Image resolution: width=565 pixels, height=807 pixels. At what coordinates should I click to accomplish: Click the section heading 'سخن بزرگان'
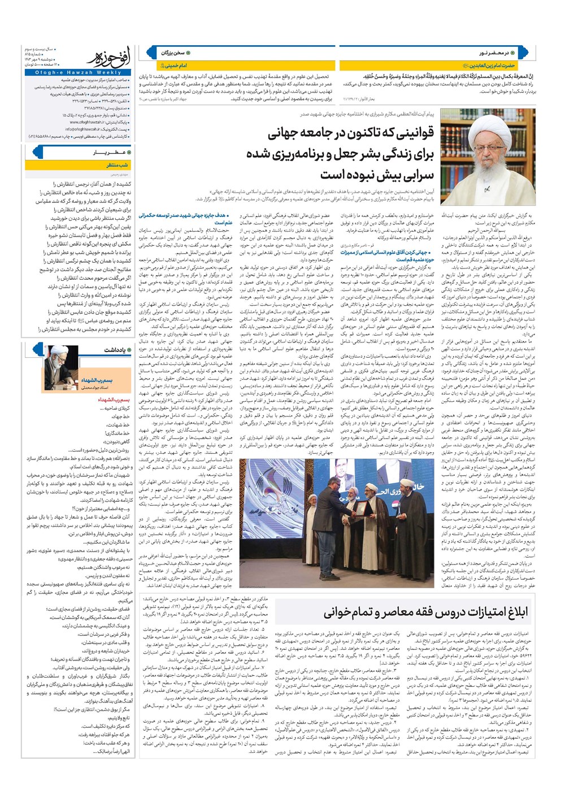pos(173,53)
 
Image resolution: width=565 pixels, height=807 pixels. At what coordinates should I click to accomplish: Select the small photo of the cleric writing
pos(62,367)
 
